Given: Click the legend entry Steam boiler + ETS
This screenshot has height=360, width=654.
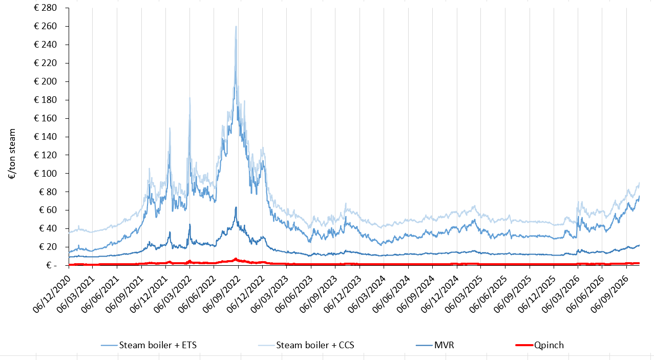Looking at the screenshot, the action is click(x=149, y=345).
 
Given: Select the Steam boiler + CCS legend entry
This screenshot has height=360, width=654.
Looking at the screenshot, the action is click(x=306, y=345).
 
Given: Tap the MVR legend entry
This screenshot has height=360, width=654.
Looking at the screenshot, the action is click(x=435, y=345).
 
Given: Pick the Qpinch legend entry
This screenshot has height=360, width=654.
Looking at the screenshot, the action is click(x=540, y=345).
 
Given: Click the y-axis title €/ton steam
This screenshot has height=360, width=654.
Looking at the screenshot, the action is click(x=12, y=154).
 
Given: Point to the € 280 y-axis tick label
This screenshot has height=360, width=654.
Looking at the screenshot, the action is click(x=45, y=8).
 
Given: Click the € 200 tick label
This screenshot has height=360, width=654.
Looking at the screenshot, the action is click(x=45, y=81).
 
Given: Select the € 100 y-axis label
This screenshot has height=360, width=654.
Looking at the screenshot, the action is click(x=45, y=174).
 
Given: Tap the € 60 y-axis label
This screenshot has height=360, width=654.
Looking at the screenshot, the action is click(x=48, y=210).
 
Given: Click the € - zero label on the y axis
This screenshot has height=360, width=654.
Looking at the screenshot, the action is click(x=51, y=265).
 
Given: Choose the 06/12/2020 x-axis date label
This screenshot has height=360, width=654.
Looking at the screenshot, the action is click(x=52, y=294).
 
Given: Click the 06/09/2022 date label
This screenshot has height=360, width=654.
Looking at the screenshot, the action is click(x=222, y=294).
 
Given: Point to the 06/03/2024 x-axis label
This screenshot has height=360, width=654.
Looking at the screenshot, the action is click(x=367, y=294).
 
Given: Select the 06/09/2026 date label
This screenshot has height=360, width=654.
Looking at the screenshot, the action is click(x=609, y=294).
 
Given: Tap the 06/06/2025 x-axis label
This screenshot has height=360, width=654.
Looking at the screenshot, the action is click(x=488, y=294).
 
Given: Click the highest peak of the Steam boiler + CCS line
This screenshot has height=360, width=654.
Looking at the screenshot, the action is click(x=236, y=26).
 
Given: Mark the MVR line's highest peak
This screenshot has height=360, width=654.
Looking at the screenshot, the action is click(x=236, y=207).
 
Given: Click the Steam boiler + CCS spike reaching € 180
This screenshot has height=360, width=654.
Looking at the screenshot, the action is click(x=190, y=98).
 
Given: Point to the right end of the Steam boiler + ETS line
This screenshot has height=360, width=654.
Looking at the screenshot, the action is click(x=639, y=196).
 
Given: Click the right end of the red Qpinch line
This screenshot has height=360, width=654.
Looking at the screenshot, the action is click(x=639, y=263).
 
